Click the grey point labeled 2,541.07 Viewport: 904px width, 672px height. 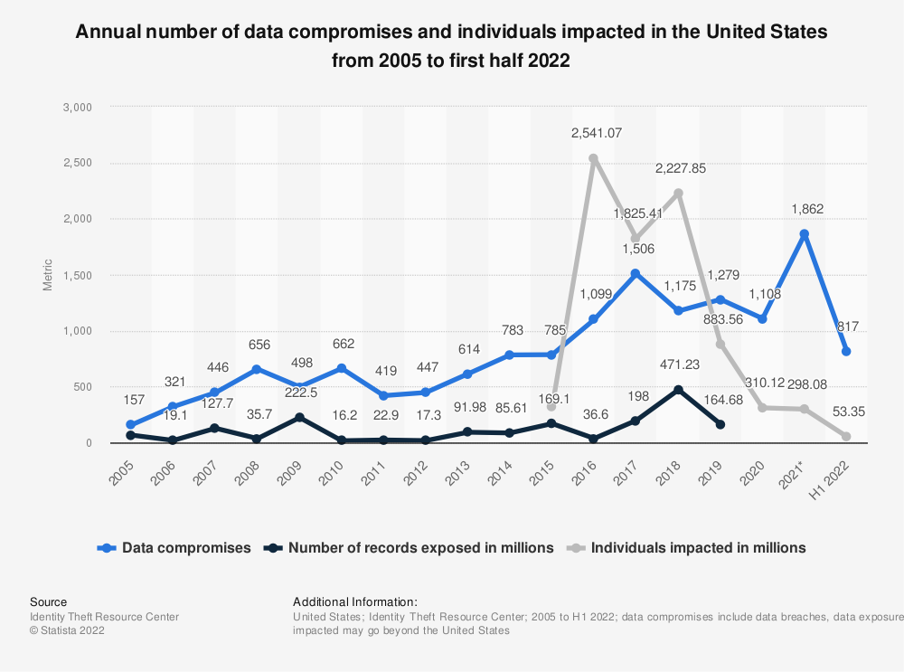pyautogui.click(x=593, y=158)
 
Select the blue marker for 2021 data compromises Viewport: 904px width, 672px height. pyautogui.click(x=804, y=234)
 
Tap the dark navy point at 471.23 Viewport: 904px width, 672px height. pyautogui.click(x=677, y=390)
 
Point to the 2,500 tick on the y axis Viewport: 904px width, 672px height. pyautogui.click(x=79, y=163)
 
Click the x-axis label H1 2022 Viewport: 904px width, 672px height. pyautogui.click(x=838, y=470)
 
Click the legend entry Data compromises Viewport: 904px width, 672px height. pyautogui.click(x=175, y=547)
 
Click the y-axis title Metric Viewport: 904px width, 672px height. pyautogui.click(x=48, y=275)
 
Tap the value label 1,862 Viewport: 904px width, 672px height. pyautogui.click(x=804, y=209)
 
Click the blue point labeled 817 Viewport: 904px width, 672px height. pyautogui.click(x=846, y=351)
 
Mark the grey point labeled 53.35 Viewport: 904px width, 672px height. pyautogui.click(x=846, y=437)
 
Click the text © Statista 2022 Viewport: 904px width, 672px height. pyautogui.click(x=67, y=631)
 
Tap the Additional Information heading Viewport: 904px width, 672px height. pyautogui.click(x=355, y=601)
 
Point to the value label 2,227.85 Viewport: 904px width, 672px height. pyautogui.click(x=677, y=167)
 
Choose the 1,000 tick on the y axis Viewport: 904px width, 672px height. pyautogui.click(x=79, y=331)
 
